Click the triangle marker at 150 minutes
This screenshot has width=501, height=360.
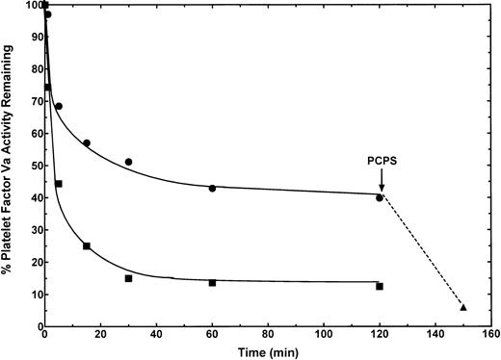463,307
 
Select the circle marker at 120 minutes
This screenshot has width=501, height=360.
380,197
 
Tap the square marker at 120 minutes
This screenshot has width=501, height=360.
380,286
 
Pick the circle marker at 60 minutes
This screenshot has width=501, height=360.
212,188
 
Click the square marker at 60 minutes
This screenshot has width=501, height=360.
212,283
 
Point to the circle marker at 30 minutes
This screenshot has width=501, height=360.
128,162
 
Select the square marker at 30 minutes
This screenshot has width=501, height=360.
128,278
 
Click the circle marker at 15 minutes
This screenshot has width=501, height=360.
87,142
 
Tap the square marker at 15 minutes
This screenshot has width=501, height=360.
87,246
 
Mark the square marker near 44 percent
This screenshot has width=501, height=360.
59,184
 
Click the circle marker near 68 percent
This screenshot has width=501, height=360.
59,106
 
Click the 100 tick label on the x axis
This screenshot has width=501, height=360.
324,337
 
